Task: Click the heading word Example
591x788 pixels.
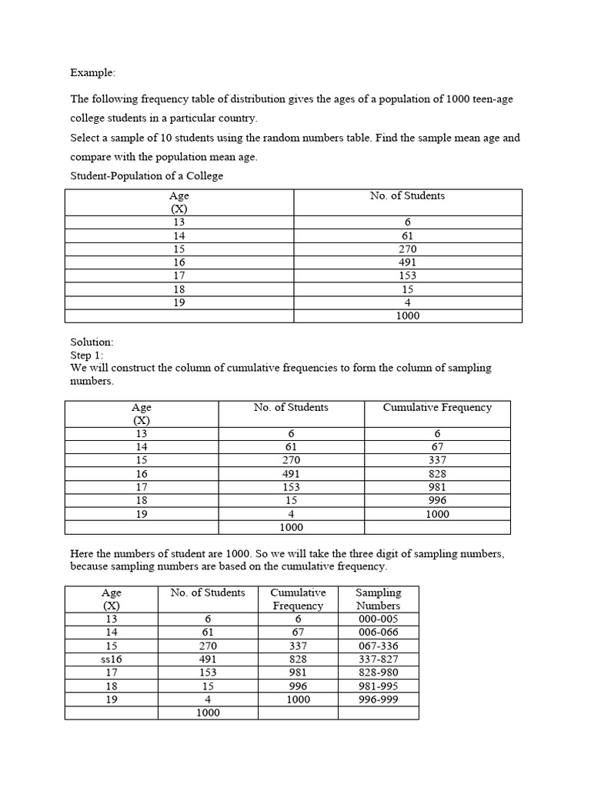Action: pyautogui.click(x=92, y=73)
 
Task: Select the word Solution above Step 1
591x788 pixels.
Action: pyautogui.click(x=92, y=342)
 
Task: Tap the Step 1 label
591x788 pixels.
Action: pyautogui.click(x=86, y=355)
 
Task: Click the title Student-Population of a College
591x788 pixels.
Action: pyautogui.click(x=146, y=176)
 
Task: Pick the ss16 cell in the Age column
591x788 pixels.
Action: pyautogui.click(x=111, y=659)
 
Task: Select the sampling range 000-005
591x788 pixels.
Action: pyautogui.click(x=378, y=619)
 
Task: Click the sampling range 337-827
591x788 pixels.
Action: pyautogui.click(x=378, y=659)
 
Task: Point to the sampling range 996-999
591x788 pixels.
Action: pyautogui.click(x=378, y=700)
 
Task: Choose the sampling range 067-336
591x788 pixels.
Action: pyautogui.click(x=378, y=646)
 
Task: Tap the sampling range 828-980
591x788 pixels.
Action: pyautogui.click(x=378, y=673)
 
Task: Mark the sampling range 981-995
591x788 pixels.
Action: pyautogui.click(x=378, y=686)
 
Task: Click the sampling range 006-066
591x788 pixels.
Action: pyautogui.click(x=378, y=633)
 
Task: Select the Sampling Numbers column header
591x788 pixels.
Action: pyautogui.click(x=378, y=599)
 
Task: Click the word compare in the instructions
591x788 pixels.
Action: pyautogui.click(x=92, y=158)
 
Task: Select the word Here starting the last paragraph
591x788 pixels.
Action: pyautogui.click(x=82, y=554)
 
